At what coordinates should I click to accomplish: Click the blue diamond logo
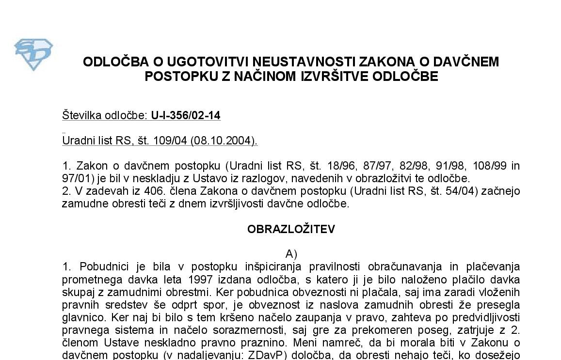pyautogui.click(x=33, y=55)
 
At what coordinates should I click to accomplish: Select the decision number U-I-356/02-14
pyautogui.click(x=186, y=115)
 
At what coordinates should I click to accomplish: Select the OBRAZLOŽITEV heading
pyautogui.click(x=291, y=229)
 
